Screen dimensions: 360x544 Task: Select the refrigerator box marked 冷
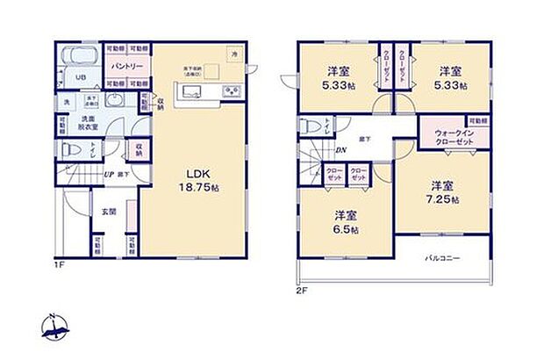234,54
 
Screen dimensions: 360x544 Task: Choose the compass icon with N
54,328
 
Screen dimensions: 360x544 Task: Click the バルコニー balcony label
444,259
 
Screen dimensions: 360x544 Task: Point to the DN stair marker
340,149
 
